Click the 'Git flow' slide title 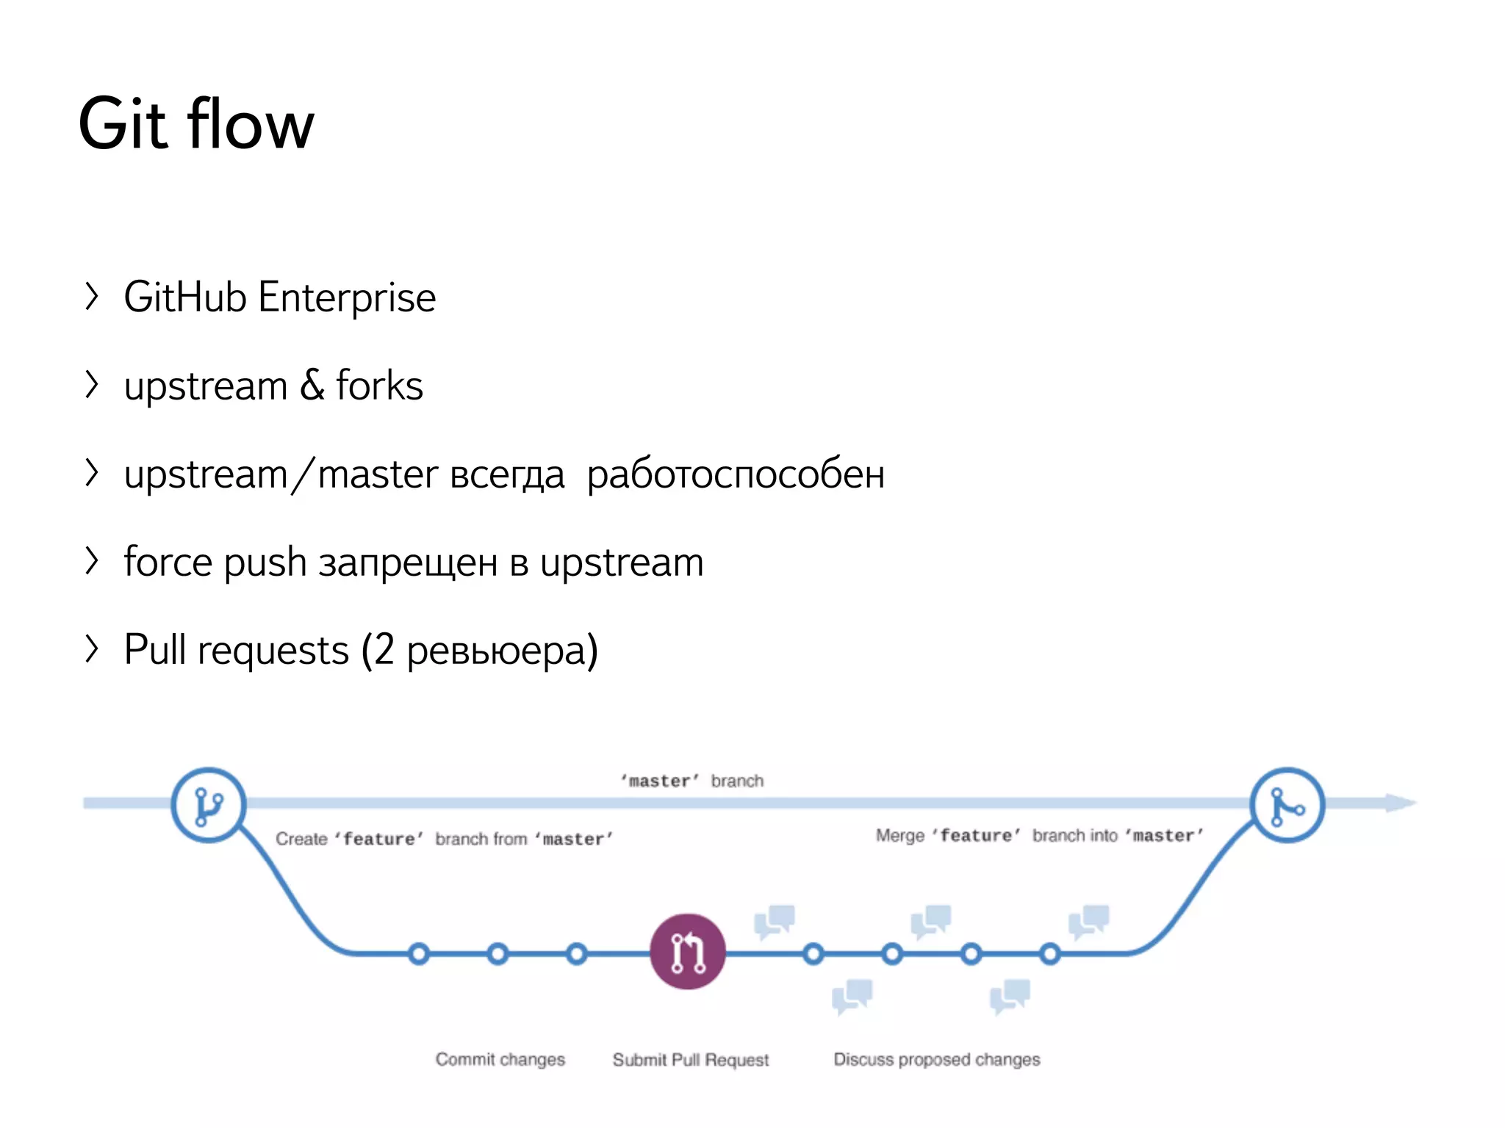[196, 124]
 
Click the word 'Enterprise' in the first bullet [347, 297]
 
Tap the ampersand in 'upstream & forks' [312, 386]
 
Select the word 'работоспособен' [736, 474]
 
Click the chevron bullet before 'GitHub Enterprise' [91, 296]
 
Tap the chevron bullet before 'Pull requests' [91, 649]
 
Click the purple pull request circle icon [688, 952]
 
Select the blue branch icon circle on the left [209, 805]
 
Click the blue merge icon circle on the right [1287, 805]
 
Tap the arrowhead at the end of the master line [1400, 803]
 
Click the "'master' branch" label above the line [692, 781]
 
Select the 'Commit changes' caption [500, 1059]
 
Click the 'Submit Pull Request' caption [690, 1060]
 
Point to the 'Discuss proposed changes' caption [936, 1059]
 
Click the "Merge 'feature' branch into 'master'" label [1039, 836]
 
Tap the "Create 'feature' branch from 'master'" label [444, 839]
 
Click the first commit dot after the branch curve [419, 954]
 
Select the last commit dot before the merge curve [1050, 954]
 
